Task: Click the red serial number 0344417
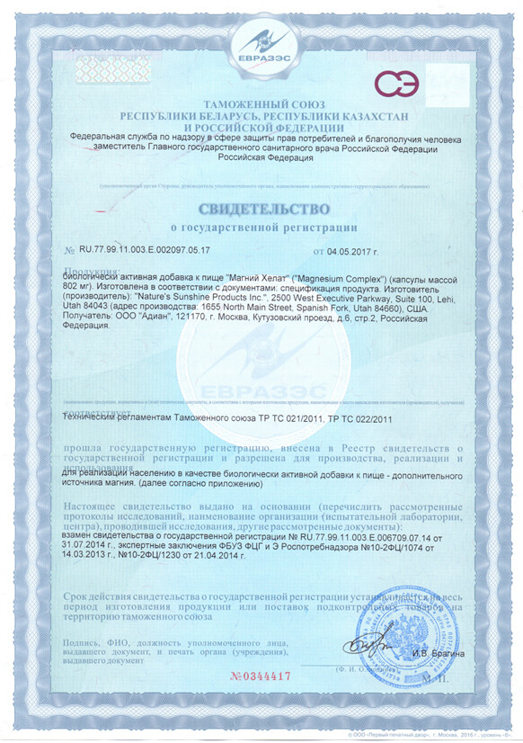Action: [x=261, y=674]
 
